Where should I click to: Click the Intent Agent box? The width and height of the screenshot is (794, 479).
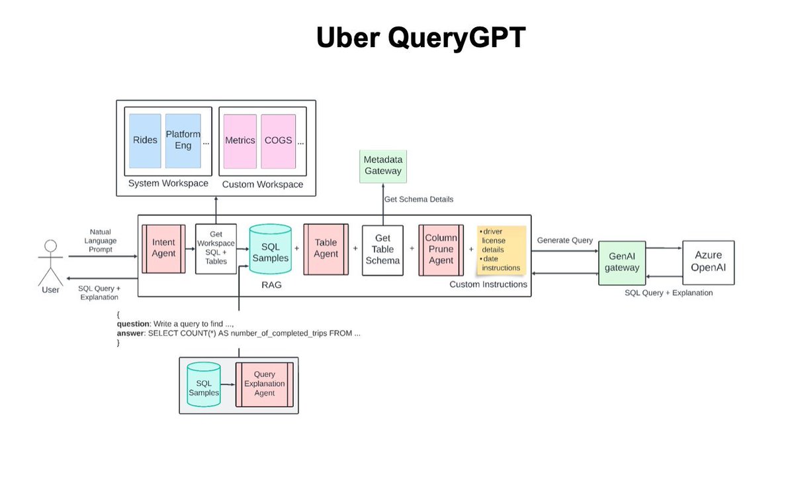click(163, 248)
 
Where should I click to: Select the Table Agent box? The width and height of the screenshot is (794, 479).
click(326, 249)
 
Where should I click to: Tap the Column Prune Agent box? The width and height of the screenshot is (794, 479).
click(441, 250)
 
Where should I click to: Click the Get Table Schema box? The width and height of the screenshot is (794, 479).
click(382, 250)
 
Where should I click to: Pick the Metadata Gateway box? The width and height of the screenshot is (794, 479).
click(383, 166)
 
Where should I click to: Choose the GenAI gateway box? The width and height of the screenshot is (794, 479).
click(622, 263)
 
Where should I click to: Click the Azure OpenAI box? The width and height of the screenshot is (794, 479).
click(708, 262)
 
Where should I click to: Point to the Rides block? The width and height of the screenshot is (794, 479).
click(145, 141)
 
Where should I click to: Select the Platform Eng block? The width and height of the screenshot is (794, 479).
click(183, 141)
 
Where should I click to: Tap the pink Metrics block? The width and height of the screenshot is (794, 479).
click(240, 141)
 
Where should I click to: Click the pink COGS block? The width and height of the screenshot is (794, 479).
click(279, 141)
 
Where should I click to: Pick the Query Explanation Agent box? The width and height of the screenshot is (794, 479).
click(265, 384)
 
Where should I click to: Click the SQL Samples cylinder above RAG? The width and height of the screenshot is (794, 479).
click(271, 249)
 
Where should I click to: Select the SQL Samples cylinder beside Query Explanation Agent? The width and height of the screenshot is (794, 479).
click(204, 384)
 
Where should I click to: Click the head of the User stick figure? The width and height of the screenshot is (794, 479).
click(51, 246)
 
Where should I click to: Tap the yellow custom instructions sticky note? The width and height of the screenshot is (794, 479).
click(502, 249)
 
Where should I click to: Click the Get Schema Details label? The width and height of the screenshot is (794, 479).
click(419, 199)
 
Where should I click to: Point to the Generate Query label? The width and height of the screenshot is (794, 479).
click(564, 240)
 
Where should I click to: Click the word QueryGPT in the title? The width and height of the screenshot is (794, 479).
click(457, 38)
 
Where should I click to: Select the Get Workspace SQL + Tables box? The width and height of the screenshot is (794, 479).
click(216, 248)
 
